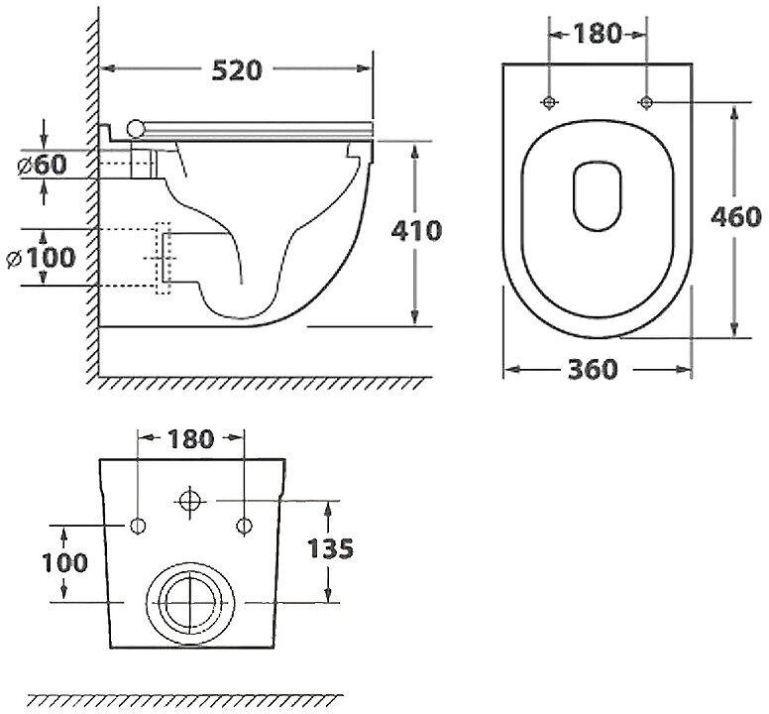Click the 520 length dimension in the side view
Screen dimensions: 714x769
[238, 69]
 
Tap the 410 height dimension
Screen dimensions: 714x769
[415, 232]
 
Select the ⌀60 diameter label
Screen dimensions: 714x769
[44, 165]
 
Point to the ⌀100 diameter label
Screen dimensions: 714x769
[42, 258]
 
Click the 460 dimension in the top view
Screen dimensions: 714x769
[734, 216]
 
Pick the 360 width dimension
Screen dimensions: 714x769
[595, 369]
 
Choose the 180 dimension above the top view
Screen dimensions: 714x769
[598, 34]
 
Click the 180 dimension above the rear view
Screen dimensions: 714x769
[190, 439]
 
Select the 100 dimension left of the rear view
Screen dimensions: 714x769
[64, 562]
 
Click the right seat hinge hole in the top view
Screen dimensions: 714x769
[646, 101]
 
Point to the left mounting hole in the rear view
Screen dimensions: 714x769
[138, 525]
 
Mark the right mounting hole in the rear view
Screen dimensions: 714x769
[243, 525]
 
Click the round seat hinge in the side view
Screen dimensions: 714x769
[137, 126]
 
